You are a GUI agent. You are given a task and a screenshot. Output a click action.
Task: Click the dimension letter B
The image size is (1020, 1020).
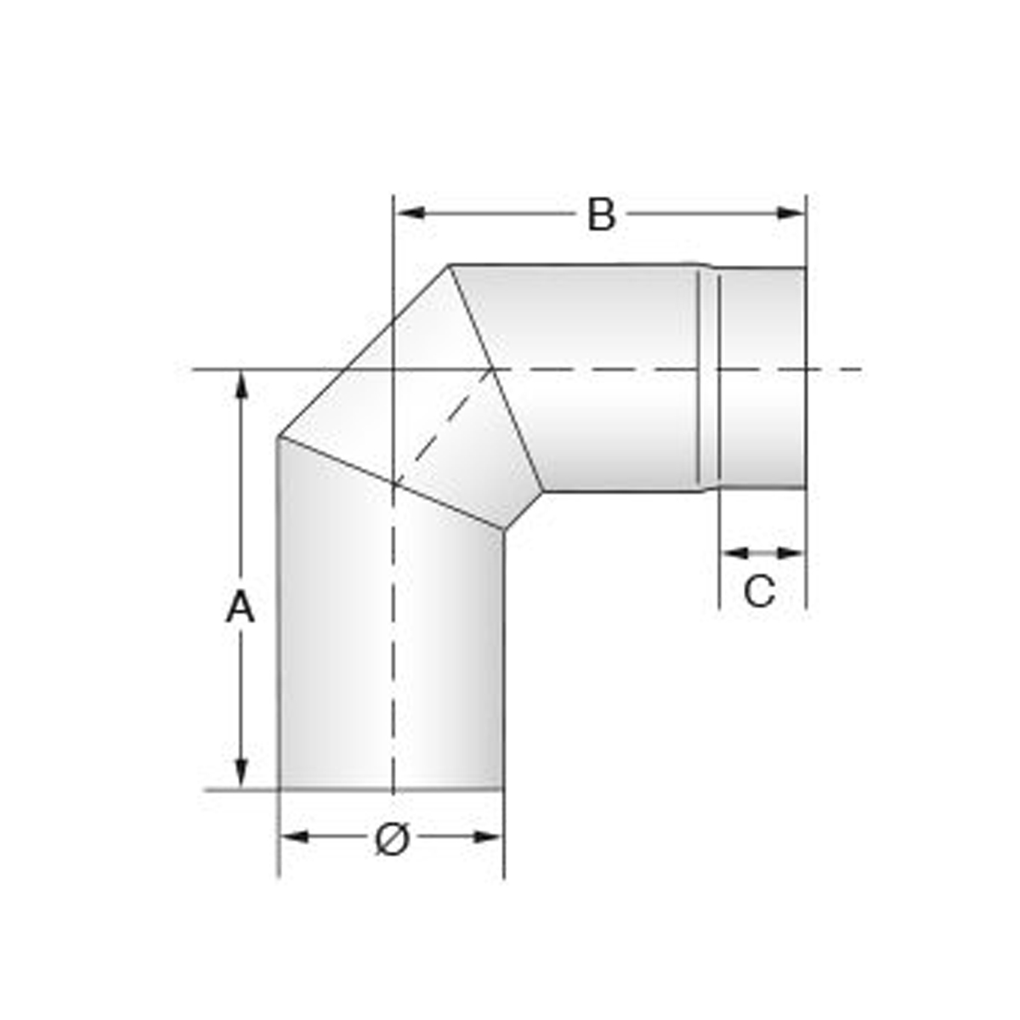pyautogui.click(x=601, y=214)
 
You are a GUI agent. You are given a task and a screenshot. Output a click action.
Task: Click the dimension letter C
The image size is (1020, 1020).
pyautogui.click(x=760, y=591)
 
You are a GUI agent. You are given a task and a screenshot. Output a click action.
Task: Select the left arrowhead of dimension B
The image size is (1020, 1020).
pyautogui.click(x=411, y=213)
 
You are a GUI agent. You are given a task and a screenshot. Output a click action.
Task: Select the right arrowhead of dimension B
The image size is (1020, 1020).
pyautogui.click(x=790, y=213)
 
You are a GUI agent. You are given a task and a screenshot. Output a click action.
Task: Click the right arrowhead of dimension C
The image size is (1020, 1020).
pyautogui.click(x=790, y=553)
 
